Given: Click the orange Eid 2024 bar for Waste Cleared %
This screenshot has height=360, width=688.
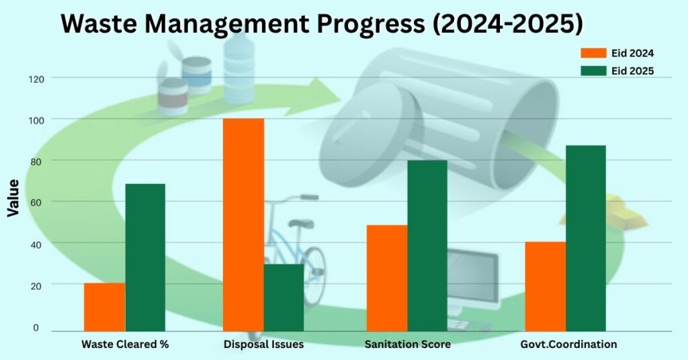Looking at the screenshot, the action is coord(104,307).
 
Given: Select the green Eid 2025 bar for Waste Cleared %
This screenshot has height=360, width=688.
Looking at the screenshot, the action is coord(145,257).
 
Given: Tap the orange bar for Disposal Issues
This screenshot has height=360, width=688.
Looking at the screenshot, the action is coord(243,224).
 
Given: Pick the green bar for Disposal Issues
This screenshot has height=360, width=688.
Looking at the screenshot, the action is coord(284,298).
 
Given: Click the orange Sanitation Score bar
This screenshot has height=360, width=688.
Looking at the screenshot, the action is coord(387,278).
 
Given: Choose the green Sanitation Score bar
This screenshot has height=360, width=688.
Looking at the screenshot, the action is coord(427,246).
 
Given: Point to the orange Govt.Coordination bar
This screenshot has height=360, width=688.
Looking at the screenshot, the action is coord(546,286).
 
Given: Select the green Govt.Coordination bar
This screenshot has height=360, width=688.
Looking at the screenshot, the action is coord(586,238).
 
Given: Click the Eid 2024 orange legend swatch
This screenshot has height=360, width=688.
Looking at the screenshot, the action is coord(594,53).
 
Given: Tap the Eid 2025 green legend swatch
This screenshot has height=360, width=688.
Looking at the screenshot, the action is coord(594,71).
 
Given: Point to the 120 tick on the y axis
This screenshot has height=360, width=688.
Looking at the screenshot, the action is coord(36,79).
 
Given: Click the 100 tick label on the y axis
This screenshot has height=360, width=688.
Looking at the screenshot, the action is coord(36,120).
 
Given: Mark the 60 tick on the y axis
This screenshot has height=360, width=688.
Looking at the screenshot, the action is coord(36,203).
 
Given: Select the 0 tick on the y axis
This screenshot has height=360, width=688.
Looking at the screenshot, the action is coord(36,328).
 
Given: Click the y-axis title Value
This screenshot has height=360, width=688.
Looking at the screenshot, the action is coord(13,197).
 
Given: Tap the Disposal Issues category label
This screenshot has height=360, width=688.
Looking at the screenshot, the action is coord(263,344).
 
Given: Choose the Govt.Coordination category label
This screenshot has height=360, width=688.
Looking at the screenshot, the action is coord(568,344).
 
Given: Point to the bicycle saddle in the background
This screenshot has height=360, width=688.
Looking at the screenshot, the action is coord(302,224).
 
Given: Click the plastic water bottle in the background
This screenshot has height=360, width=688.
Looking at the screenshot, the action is coord(239,68).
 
